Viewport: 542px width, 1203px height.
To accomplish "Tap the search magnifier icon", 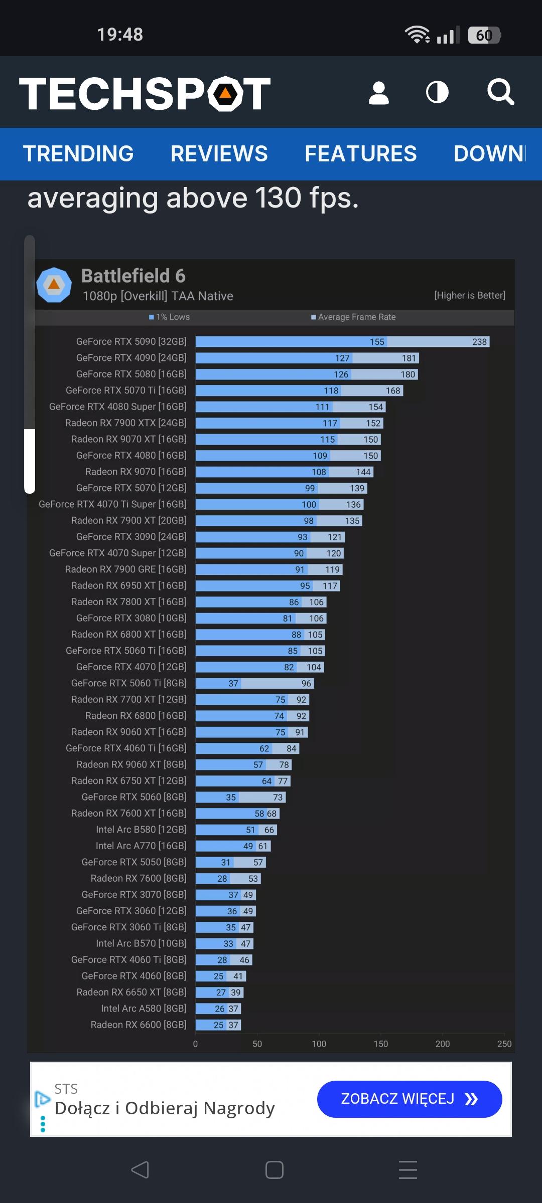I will coord(500,92).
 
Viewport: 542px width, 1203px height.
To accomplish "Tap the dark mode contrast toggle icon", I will coord(437,93).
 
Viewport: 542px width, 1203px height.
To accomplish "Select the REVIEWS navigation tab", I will coord(219,154).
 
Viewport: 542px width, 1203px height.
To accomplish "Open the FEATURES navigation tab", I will coord(360,154).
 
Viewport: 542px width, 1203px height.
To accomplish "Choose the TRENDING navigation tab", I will coord(78,154).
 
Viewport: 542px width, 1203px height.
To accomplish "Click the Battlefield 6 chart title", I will coord(133,276).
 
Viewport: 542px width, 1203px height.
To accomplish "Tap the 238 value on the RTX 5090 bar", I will coord(479,342).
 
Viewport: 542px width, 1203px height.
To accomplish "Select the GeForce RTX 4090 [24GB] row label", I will coord(131,358).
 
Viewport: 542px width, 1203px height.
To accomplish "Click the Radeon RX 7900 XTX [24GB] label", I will coord(125,423).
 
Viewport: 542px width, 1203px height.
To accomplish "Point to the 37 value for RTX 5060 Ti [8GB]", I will coord(233,683).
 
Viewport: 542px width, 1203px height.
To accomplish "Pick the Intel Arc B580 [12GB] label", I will coord(141,830).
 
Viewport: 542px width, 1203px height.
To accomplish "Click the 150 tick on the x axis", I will coord(380,1044).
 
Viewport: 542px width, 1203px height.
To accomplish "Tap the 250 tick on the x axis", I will coord(504,1044).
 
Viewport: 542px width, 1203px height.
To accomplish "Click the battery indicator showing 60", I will coord(484,35).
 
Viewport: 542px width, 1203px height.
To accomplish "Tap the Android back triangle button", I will coord(140,1170).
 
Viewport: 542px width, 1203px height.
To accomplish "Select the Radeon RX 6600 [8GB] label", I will coord(139,1025).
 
